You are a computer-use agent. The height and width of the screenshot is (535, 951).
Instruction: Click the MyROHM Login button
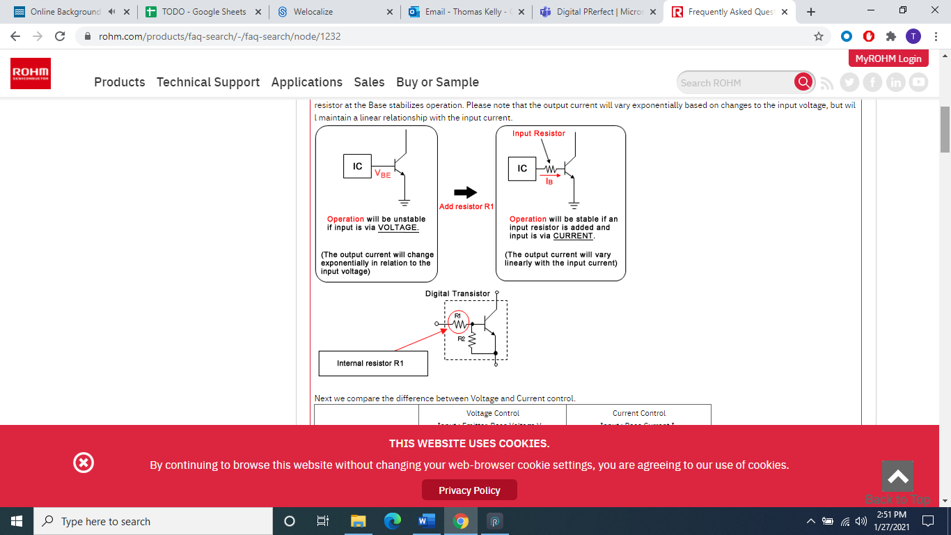coord(888,59)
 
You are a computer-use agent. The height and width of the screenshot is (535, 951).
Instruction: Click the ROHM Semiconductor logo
coord(31,74)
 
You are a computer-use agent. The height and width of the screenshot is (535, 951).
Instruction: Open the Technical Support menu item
coord(207,82)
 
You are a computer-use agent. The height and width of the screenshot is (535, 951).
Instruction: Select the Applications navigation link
coord(306,82)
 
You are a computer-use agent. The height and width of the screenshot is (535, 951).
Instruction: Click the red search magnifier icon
coord(803,82)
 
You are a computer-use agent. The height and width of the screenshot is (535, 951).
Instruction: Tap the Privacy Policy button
coord(469,490)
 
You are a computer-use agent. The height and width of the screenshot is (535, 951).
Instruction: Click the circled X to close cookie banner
coord(84,463)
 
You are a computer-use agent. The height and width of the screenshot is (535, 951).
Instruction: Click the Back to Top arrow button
coord(897,477)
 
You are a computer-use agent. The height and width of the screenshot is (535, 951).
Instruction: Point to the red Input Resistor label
coord(538,133)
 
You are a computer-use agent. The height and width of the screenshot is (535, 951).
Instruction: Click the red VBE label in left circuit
coord(382,174)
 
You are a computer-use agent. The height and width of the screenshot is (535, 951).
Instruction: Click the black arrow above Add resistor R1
coord(465,192)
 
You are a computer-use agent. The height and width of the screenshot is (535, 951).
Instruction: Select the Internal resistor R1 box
coord(372,363)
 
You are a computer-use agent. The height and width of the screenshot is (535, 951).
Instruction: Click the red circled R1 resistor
coord(458,320)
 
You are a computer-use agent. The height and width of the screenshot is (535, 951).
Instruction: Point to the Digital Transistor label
coord(457,293)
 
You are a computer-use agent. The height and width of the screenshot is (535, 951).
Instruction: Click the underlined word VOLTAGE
coord(398,227)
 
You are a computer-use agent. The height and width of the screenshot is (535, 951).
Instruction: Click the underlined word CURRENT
coord(573,235)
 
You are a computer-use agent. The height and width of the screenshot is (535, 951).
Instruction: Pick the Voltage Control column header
coord(492,413)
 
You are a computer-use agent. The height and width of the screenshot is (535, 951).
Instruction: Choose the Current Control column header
coord(638,413)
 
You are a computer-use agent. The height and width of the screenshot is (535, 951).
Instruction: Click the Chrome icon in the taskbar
coord(460,521)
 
